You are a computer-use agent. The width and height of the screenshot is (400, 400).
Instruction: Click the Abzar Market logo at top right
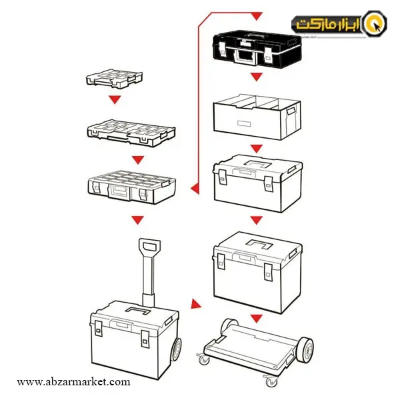pos(339,24)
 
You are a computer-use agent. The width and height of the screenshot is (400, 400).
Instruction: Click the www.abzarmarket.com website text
pos(73,382)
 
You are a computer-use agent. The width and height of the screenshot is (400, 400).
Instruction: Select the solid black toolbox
pos(257,49)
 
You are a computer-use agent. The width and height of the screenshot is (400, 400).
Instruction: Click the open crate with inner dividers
pos(257,117)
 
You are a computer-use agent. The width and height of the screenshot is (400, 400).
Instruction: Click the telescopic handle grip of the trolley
pos(149,247)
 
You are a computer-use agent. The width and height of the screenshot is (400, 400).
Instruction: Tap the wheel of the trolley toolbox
pos(176,349)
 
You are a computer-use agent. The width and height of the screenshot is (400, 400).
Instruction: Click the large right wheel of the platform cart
pos(305,349)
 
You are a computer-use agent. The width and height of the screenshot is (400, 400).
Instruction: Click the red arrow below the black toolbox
pos(257,77)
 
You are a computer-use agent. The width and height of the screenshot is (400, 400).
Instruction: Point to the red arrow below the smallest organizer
pos(115,99)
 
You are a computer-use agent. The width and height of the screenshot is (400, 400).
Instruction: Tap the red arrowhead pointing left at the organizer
pos(195,189)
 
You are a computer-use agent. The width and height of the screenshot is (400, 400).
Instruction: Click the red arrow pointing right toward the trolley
pos(195,304)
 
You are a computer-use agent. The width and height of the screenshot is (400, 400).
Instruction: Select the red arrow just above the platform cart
pos(257,319)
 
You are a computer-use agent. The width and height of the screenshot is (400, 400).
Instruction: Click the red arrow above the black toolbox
pos(257,16)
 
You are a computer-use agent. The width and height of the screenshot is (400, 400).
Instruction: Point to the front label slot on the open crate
pos(244,123)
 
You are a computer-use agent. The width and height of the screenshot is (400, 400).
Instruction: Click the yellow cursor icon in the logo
pos(375,24)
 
